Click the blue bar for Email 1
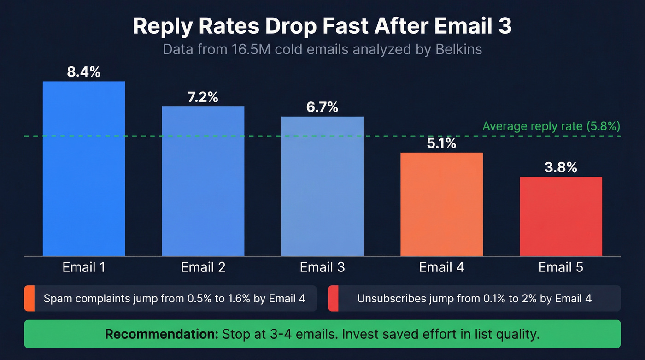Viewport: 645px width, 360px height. [84, 168]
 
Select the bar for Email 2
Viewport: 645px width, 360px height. [203, 181]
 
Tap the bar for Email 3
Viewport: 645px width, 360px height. [322, 186]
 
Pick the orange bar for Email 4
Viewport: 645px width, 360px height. [441, 204]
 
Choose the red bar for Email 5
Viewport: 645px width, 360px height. [561, 216]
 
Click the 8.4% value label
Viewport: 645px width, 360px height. [84, 72]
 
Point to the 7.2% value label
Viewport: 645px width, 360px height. [203, 97]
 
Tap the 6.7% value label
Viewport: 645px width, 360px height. [322, 107]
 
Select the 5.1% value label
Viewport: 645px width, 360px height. [441, 143]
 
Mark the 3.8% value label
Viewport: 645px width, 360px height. [561, 168]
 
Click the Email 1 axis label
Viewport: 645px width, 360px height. [84, 267]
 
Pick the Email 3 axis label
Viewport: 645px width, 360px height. [322, 267]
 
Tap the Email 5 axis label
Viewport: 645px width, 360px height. [561, 267]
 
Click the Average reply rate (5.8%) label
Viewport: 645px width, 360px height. [551, 126]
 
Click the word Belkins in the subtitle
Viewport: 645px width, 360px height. [458, 49]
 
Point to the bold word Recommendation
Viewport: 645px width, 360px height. [162, 334]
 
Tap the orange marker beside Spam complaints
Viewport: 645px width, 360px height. [29, 298]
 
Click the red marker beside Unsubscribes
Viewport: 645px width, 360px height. [333, 298]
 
